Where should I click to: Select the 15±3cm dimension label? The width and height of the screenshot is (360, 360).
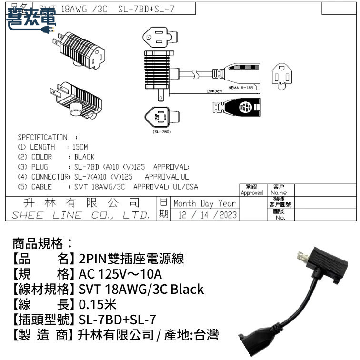pos(214,90)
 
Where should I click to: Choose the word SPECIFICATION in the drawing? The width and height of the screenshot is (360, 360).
pos(42,137)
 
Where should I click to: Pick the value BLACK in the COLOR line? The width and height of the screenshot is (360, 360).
pos(84,157)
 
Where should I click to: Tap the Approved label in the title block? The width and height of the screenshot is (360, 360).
pos(251,193)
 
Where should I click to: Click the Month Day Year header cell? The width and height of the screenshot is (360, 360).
pos(204,203)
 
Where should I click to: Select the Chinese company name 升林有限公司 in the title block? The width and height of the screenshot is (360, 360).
pos(81,203)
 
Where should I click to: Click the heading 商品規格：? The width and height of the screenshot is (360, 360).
pos(43,244)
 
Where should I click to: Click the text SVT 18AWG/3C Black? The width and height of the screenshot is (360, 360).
pos(141,289)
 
